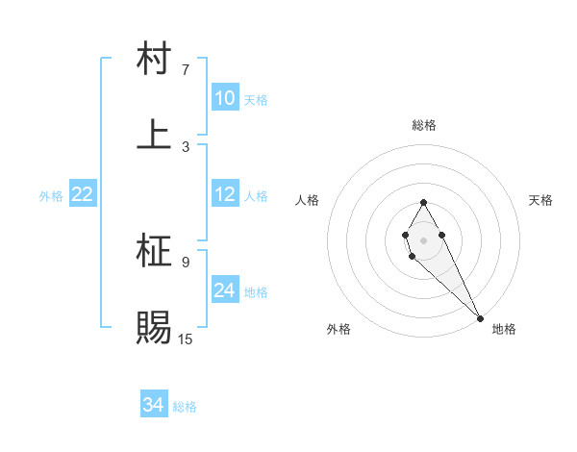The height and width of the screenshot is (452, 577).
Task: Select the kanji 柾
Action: (x=155, y=252)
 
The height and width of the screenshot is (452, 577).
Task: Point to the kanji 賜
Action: (x=155, y=327)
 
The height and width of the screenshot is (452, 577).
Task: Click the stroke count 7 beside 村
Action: (x=186, y=70)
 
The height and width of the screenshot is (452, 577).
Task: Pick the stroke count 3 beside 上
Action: (x=186, y=146)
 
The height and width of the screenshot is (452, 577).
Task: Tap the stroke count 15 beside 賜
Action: (x=186, y=338)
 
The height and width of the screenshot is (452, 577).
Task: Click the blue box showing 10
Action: (x=225, y=98)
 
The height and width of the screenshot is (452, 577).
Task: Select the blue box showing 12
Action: (x=225, y=194)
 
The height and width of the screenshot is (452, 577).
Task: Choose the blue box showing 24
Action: (x=225, y=290)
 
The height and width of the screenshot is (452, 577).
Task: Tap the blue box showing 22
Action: (x=83, y=194)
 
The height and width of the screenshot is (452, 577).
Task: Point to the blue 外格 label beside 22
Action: (x=51, y=196)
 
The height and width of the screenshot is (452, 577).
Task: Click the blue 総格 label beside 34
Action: (x=185, y=407)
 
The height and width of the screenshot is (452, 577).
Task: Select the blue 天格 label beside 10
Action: (x=256, y=100)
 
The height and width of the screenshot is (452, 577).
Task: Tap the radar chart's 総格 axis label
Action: (x=424, y=125)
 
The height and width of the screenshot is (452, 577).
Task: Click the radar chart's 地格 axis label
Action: (x=504, y=329)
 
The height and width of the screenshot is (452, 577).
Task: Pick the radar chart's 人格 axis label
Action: (x=308, y=200)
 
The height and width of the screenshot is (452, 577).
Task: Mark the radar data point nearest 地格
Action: (x=480, y=317)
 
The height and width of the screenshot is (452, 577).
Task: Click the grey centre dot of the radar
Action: (x=423, y=239)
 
